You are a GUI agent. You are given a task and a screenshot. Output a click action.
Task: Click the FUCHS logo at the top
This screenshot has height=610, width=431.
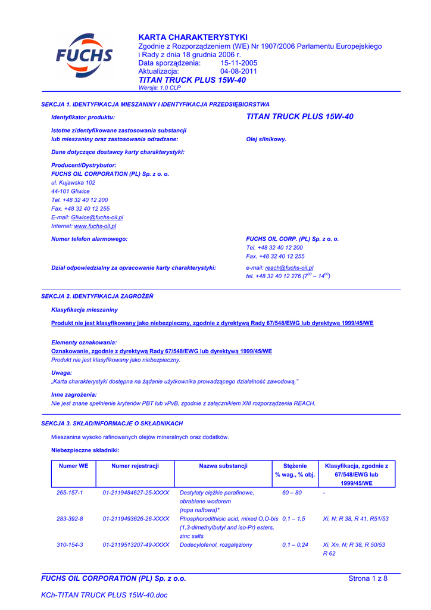tap(84, 55)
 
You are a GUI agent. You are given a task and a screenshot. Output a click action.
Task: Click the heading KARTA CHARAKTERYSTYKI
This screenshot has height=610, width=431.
tap(192, 37)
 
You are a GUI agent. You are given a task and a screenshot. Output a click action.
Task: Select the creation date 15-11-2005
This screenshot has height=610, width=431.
tap(239, 63)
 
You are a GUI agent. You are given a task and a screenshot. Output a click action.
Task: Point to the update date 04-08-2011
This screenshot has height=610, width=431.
tap(239, 71)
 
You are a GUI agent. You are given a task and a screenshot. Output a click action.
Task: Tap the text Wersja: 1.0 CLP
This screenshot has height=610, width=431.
tap(159, 88)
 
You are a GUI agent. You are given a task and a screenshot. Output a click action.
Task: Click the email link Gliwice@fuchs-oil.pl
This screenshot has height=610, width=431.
tap(97, 217)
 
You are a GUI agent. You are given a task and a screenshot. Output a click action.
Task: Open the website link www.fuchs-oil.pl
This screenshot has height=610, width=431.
tap(95, 226)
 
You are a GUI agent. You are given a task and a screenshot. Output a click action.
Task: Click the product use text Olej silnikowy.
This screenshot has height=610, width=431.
tap(266, 139)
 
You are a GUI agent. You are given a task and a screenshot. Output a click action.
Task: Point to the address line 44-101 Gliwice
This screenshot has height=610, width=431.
tap(70, 191)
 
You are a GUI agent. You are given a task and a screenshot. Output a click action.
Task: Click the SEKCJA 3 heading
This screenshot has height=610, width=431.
tap(112, 423)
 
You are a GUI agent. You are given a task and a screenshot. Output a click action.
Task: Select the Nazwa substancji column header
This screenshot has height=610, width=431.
tap(223, 466)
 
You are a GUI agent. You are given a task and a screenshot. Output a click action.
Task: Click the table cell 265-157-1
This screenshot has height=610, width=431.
tap(70, 493)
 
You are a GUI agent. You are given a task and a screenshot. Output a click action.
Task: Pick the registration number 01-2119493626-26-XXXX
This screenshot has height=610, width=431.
tap(136, 519)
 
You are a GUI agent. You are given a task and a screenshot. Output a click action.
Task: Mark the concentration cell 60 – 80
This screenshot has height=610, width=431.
tap(292, 493)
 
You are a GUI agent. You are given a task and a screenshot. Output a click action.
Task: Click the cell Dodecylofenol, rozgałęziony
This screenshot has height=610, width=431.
tap(215, 545)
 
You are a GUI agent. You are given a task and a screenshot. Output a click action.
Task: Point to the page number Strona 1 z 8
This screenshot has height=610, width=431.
tap(367, 578)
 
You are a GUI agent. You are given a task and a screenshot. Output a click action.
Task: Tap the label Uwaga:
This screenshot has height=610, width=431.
tap(62, 372)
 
